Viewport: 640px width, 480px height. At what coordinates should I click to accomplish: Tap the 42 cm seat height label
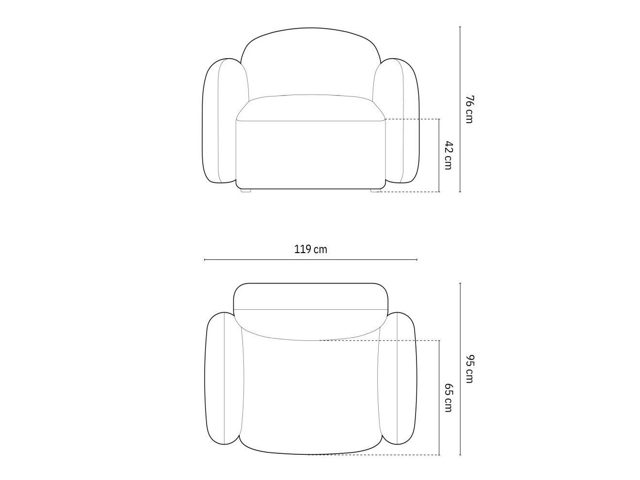point(448,155)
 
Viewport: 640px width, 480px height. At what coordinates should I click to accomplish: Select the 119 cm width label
point(310,250)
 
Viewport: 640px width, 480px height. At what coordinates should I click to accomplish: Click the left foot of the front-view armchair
point(246,191)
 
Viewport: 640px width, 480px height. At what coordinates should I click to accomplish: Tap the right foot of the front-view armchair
point(376,191)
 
